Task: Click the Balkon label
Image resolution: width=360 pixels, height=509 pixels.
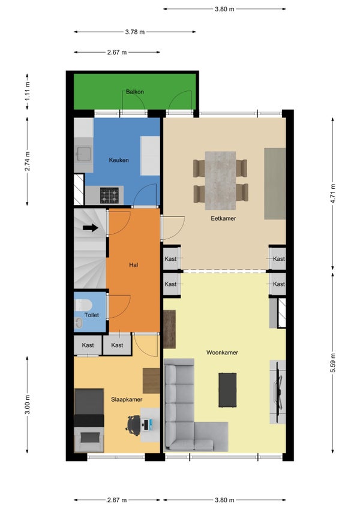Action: click(x=134, y=92)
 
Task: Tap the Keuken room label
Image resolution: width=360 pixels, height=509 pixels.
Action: click(x=119, y=160)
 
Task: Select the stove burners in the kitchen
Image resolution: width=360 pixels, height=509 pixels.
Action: click(x=110, y=195)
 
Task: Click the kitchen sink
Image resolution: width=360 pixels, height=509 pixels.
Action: click(x=83, y=155)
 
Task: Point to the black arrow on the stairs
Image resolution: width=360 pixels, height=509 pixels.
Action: click(x=91, y=228)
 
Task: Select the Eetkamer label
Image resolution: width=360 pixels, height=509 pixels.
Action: click(x=223, y=219)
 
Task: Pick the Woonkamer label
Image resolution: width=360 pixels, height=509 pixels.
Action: click(x=222, y=353)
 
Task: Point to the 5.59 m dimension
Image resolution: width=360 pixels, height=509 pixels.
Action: click(x=333, y=363)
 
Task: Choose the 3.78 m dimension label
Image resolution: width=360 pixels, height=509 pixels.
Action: click(x=134, y=32)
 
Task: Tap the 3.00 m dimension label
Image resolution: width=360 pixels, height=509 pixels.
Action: click(x=28, y=405)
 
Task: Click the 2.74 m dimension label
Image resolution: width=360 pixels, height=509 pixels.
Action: click(x=28, y=160)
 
